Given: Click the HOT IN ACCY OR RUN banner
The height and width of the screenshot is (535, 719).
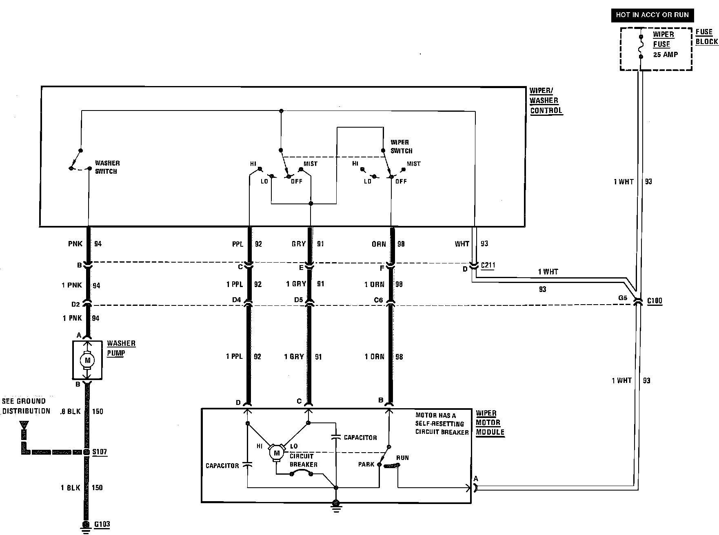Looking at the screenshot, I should (x=652, y=15).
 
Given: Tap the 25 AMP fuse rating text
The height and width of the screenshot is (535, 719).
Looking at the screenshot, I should (x=665, y=54).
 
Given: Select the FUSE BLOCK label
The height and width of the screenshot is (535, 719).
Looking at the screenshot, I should (x=706, y=37).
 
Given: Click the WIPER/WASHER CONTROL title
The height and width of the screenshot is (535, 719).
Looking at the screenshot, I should (x=546, y=101).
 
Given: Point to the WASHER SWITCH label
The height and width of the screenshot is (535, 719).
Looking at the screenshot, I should (x=107, y=167).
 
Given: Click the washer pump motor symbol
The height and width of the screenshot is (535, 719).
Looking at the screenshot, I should (x=87, y=360).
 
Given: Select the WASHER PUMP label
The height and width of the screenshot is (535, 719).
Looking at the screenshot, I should (x=121, y=348).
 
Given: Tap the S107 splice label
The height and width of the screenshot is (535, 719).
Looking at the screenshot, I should (x=100, y=452).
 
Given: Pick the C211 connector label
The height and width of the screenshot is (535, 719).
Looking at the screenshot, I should (x=488, y=265).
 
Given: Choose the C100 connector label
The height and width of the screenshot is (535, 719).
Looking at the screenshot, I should (x=655, y=301).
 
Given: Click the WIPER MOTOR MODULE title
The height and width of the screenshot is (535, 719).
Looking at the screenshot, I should (x=490, y=423).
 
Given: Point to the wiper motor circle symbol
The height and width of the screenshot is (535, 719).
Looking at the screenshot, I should (x=277, y=453).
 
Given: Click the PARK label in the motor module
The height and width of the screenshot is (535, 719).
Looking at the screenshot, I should (x=366, y=464).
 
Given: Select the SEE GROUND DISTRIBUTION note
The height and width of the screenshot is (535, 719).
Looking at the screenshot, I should (x=26, y=406).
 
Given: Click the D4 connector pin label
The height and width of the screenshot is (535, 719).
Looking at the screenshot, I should (x=236, y=300).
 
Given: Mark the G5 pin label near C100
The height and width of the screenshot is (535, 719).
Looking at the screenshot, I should (x=622, y=298).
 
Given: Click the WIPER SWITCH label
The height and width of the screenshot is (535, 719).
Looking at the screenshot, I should (x=401, y=146).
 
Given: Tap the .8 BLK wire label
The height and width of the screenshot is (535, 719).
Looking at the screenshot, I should (x=70, y=411).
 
